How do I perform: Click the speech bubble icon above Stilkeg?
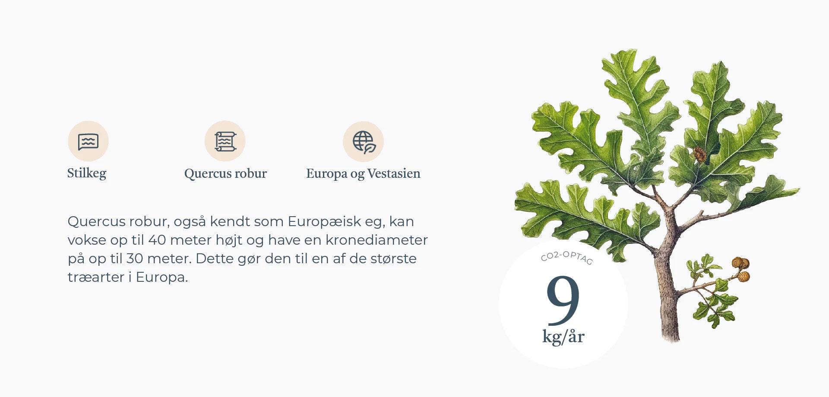pos(88,142)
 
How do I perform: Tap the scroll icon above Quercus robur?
pos(225,142)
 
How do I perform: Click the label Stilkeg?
pos(87,173)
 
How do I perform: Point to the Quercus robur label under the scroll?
pos(225,173)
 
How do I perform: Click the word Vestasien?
pos(394,173)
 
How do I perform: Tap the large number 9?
pos(563,300)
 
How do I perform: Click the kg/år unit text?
pos(563,337)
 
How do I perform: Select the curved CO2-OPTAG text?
pos(567,257)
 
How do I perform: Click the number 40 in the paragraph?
pos(157,240)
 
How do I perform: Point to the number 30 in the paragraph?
pos(134,258)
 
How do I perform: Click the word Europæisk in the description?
pos(325,221)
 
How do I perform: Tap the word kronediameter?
pos(377,240)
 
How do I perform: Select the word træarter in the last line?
pos(96,277)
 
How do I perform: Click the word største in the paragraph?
pos(393,258)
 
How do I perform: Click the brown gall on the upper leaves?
pos(699,154)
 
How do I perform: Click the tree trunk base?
pos(671,332)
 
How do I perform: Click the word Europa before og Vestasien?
pos(327,174)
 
